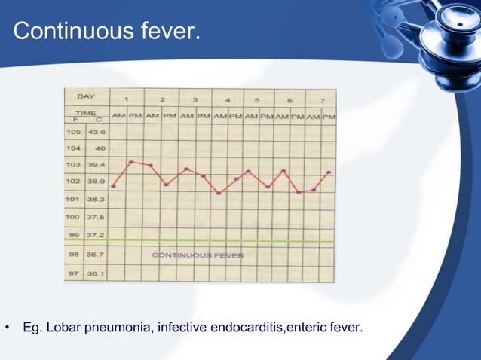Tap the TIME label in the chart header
pos(84,111)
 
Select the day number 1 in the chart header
pos(127,99)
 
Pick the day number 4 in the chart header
pos(228,99)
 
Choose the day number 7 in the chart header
pos(322,99)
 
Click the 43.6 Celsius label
pos(97,132)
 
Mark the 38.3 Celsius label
pos(97,200)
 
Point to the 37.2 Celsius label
pos(97,235)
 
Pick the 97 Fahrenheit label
pos(73,273)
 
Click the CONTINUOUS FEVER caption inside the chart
pos(198,255)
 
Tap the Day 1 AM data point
pos(113,186)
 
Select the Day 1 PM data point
pos(131,161)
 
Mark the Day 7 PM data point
pos(329,172)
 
